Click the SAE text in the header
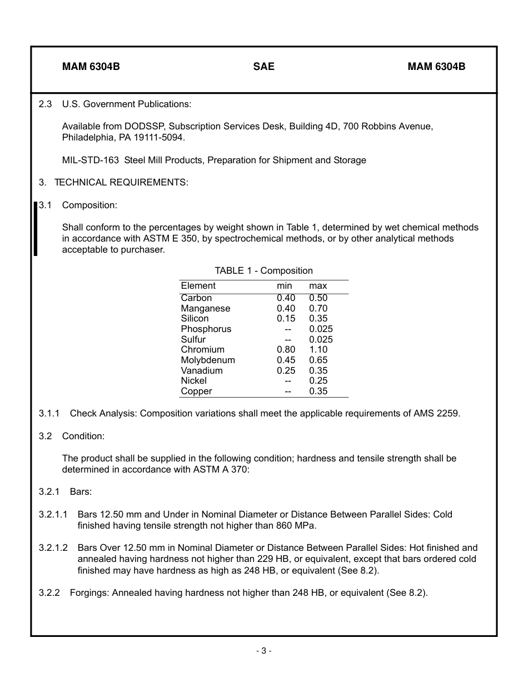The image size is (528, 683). pyautogui.click(x=263, y=67)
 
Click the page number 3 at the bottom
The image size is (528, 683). pyautogui.click(x=263, y=651)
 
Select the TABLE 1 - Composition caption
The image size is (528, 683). pyautogui.click(x=263, y=271)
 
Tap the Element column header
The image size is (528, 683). pyautogui.click(x=198, y=286)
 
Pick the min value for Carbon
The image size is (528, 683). pyautogui.click(x=286, y=298)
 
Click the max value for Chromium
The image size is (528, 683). pyautogui.click(x=318, y=350)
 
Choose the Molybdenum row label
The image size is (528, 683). pyautogui.click(x=208, y=360)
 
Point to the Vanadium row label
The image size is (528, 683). pyautogui.click(x=201, y=371)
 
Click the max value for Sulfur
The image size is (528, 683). pyautogui.click(x=321, y=340)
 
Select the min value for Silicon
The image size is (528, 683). pyautogui.click(x=286, y=319)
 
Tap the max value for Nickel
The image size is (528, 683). pyautogui.click(x=318, y=381)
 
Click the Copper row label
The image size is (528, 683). pyautogui.click(x=196, y=391)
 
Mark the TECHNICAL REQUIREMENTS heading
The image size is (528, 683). pyautogui.click(x=121, y=183)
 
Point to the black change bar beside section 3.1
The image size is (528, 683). pyautogui.click(x=36, y=229)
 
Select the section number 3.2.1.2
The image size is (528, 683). pyautogui.click(x=53, y=548)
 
